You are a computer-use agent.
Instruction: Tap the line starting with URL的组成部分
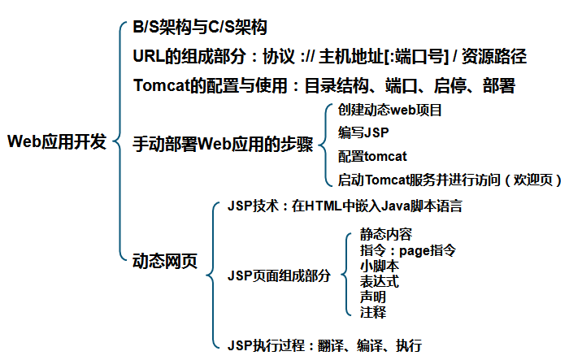coord(329,56)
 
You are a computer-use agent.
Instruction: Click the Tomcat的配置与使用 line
coord(324,85)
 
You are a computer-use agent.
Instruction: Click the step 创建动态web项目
coord(389,110)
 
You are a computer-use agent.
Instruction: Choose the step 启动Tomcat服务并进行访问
coord(423,179)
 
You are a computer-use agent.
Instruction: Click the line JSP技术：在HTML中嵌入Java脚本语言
coord(345,206)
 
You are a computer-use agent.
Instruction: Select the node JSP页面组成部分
coord(280,275)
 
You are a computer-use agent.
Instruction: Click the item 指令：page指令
coord(407,250)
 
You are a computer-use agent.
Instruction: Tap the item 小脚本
coord(380,266)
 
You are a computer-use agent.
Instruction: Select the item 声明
coord(373,297)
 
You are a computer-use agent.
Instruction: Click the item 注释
coord(373,312)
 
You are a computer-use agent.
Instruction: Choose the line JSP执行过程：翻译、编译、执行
coord(324,345)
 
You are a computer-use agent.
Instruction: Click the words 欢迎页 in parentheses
coord(536,179)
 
